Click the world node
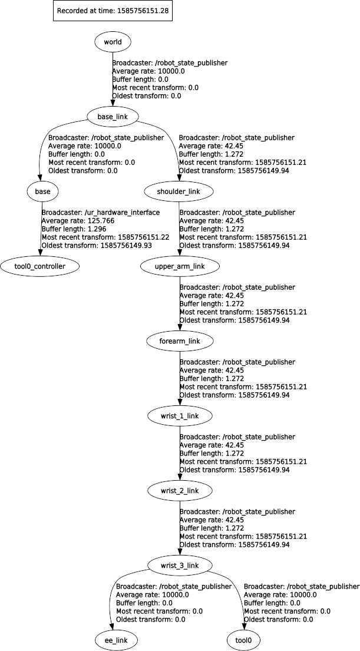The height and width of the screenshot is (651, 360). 112,42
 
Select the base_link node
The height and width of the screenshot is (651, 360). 112,117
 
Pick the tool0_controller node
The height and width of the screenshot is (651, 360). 39,266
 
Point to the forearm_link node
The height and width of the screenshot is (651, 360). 179,341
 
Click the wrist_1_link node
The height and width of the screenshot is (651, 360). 179,416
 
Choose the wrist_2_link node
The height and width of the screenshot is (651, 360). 179,491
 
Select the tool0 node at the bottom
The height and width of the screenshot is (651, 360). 244,639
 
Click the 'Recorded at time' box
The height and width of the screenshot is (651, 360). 112,11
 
